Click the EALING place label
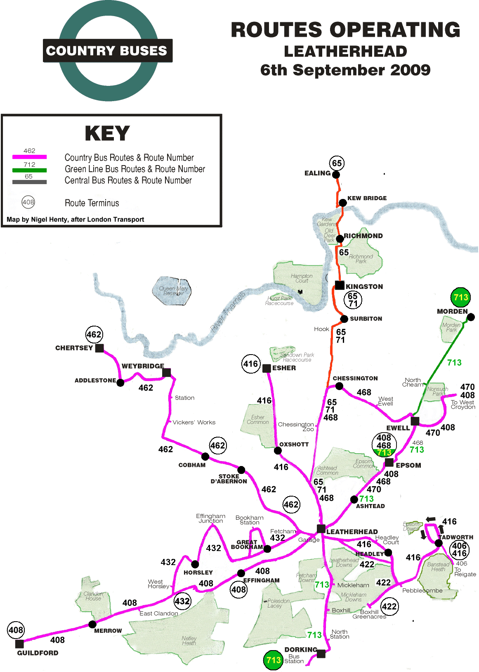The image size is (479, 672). [317, 173]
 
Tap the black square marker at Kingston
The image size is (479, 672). [340, 285]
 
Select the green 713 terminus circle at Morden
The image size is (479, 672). [460, 297]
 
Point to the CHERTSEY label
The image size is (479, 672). [74, 348]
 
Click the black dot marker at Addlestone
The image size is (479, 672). [120, 383]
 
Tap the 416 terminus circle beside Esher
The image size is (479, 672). [251, 364]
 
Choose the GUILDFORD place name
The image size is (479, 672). [38, 653]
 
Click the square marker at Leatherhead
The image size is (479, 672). [321, 529]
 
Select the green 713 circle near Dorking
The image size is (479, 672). [273, 660]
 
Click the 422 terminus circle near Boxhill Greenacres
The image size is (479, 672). [389, 606]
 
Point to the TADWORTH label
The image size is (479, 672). [456, 537]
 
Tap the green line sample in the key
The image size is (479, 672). [29, 170]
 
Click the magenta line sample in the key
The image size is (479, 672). [29, 157]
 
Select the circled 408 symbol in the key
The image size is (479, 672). [28, 202]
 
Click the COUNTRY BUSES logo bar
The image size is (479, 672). [107, 51]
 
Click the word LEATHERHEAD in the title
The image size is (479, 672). [345, 52]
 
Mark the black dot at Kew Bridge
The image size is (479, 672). [342, 203]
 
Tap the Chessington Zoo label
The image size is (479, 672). [296, 427]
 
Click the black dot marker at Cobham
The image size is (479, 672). [205, 457]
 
